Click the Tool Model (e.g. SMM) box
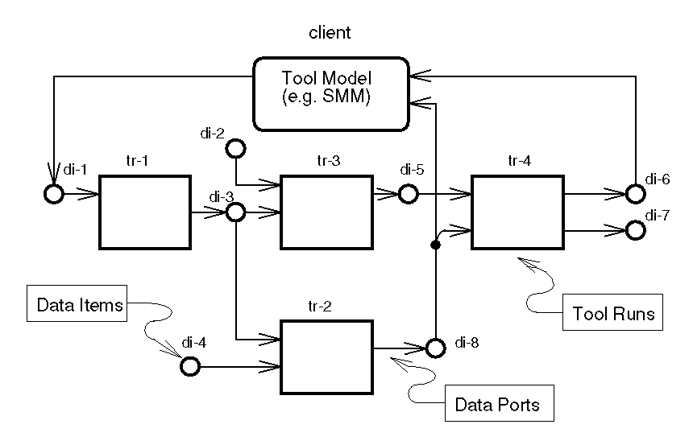pyautogui.click(x=330, y=93)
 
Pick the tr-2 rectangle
pyautogui.click(x=326, y=356)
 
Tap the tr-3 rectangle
pyautogui.click(x=326, y=211)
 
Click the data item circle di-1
pyautogui.click(x=53, y=194)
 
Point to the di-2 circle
pyautogui.click(x=235, y=148)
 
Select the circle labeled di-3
pyautogui.click(x=235, y=212)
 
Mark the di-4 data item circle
pyautogui.click(x=189, y=367)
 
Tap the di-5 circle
pyautogui.click(x=408, y=193)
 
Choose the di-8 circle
pyautogui.click(x=435, y=348)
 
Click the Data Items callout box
pyautogui.click(x=80, y=305)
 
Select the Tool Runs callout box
pyautogui.click(x=612, y=312)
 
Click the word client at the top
pyautogui.click(x=330, y=33)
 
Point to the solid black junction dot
pyautogui.click(x=435, y=247)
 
